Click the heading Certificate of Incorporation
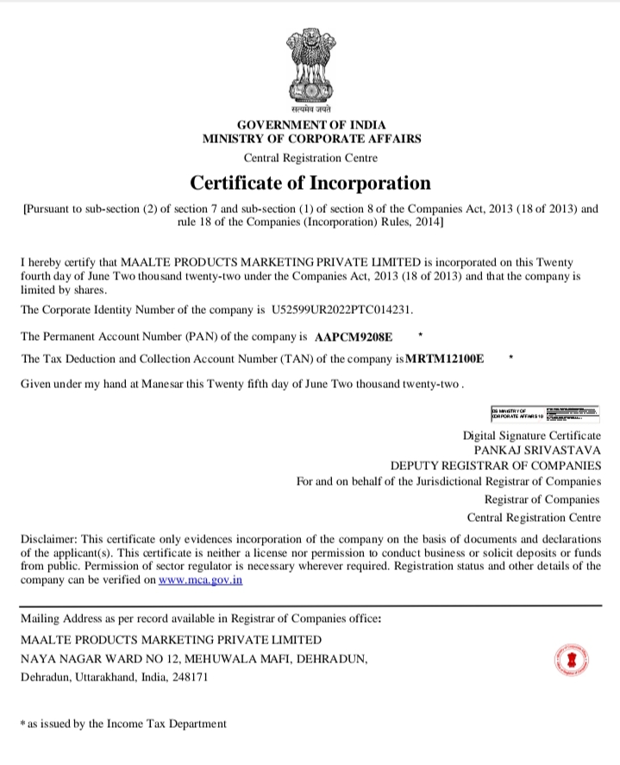(310, 183)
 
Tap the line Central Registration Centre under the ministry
(310, 158)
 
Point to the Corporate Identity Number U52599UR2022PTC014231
(348, 309)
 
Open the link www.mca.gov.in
(200, 581)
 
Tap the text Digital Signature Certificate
(531, 435)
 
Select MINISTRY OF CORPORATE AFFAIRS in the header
(311, 139)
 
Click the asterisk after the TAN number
(511, 356)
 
